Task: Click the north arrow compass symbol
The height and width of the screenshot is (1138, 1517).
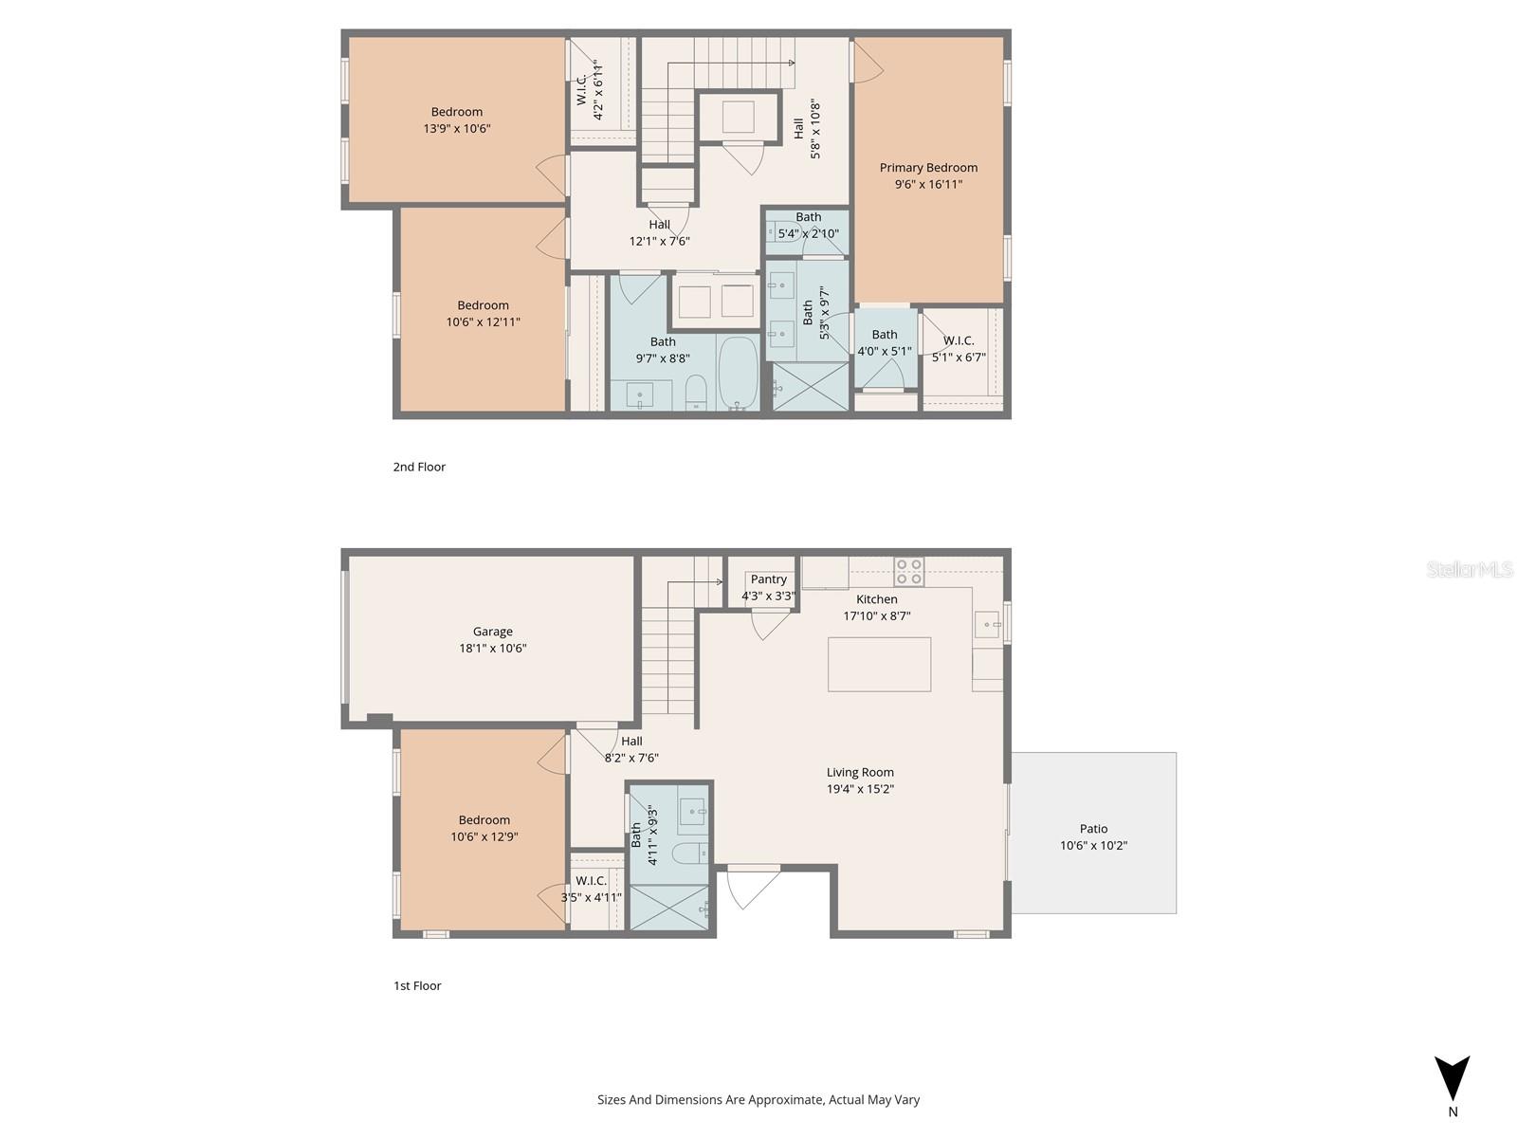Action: (1452, 1079)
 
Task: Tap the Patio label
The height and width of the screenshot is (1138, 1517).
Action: (1093, 829)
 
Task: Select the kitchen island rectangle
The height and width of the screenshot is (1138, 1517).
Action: (879, 664)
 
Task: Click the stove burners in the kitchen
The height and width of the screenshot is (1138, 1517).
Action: (909, 571)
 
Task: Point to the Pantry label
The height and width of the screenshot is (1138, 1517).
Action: (768, 579)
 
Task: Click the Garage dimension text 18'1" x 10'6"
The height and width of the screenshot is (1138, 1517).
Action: (493, 649)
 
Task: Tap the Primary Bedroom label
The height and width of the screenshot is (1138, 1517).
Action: (928, 168)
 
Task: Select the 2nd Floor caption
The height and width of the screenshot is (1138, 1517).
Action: (419, 467)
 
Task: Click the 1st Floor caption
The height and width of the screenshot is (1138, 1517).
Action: (417, 985)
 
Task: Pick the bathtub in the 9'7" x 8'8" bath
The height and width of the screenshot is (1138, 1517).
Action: (738, 372)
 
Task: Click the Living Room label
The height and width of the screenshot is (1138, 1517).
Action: (860, 772)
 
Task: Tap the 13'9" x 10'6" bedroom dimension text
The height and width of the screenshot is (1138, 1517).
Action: (457, 128)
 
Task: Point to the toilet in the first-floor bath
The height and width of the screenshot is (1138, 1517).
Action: (689, 853)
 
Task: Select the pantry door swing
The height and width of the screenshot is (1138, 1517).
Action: (770, 624)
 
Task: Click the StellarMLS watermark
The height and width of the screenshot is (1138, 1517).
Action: (1469, 569)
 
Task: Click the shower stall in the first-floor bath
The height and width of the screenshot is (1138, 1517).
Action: (669, 908)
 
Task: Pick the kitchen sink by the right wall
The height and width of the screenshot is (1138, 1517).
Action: (987, 624)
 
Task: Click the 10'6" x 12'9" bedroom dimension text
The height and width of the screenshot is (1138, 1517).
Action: (484, 836)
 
